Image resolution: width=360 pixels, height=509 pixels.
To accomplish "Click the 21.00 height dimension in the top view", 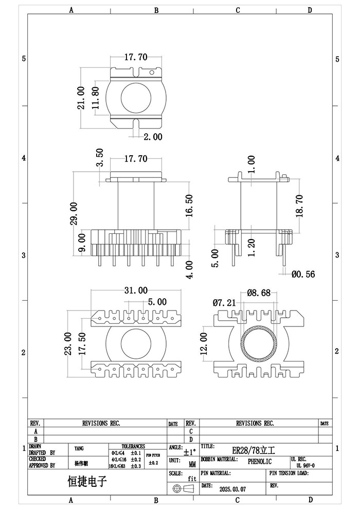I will [81, 101].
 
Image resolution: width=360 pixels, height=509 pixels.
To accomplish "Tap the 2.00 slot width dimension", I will [153, 137].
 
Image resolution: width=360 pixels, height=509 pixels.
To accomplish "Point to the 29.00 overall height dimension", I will [74, 213].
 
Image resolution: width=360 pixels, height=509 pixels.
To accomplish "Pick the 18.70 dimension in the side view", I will [300, 206].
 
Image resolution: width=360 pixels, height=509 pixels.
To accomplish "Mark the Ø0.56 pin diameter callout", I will [303, 275].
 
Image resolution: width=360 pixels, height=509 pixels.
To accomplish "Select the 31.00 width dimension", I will [135, 291].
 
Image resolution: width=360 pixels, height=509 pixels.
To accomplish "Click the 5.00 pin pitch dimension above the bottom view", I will [157, 302].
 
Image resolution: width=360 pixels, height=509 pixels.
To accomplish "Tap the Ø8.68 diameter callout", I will [259, 293].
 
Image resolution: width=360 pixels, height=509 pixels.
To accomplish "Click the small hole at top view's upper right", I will [152, 73].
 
